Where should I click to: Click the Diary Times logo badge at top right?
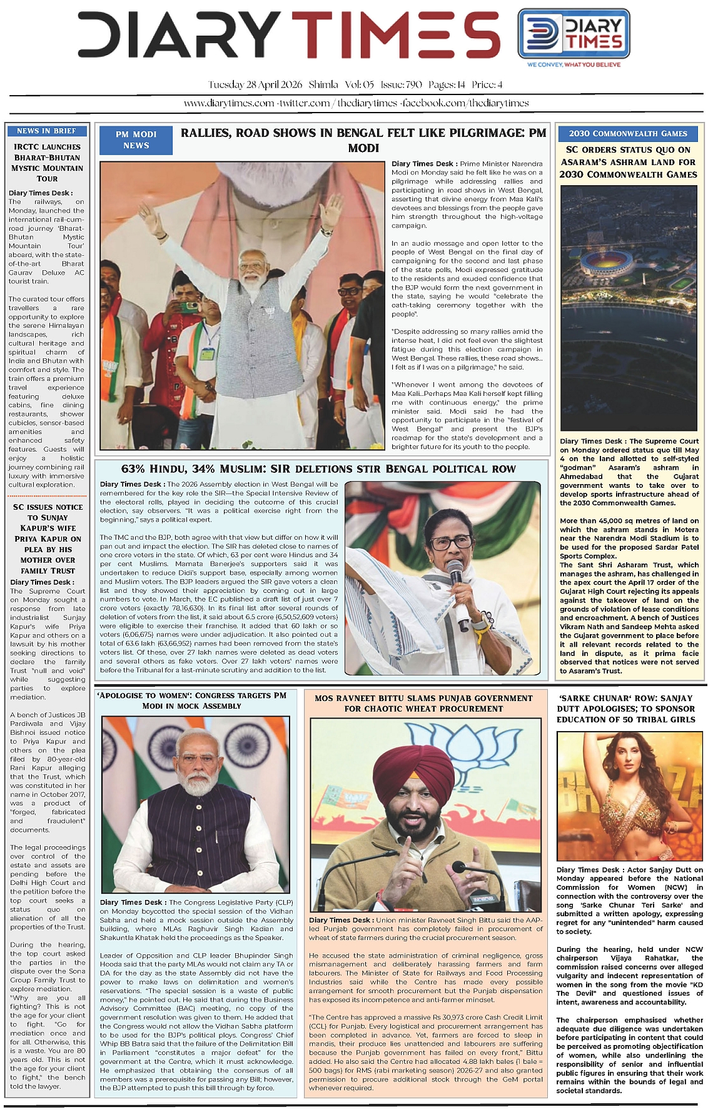(x=574, y=38)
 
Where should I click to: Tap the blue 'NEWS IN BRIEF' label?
(x=47, y=131)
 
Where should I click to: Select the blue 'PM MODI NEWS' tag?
(x=136, y=139)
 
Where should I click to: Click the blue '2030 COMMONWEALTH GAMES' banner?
(x=628, y=133)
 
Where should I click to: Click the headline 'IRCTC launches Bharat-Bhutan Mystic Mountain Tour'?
(x=47, y=163)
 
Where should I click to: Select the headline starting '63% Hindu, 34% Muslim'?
(x=318, y=469)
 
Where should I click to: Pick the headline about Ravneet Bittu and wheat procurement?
(x=423, y=703)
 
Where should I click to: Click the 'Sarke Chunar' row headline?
(x=625, y=709)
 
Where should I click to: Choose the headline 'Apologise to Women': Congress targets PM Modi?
(x=191, y=700)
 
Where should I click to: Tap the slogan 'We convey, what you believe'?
(x=574, y=64)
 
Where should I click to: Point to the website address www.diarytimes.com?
(x=229, y=103)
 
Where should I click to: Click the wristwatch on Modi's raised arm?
(x=325, y=233)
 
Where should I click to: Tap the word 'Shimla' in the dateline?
(x=323, y=84)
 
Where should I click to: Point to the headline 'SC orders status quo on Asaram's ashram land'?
(x=628, y=162)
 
